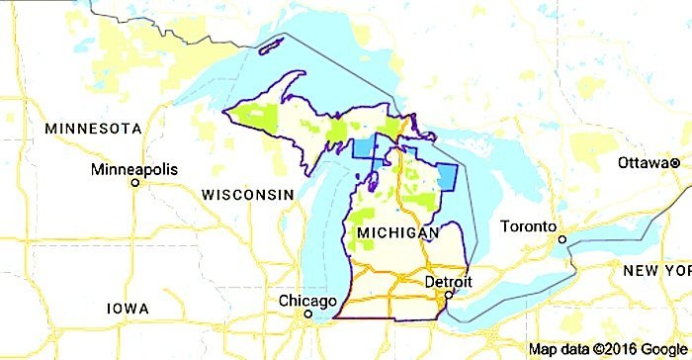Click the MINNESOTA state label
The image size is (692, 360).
(x=94, y=130)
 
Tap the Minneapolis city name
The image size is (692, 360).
(x=134, y=169)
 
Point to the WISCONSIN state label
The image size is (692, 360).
(x=248, y=195)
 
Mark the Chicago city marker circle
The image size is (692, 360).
(x=308, y=315)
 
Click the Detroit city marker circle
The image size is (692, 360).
(x=448, y=295)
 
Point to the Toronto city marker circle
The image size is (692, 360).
(x=561, y=238)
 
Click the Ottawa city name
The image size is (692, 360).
(x=642, y=162)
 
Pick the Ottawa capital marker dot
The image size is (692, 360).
(x=674, y=162)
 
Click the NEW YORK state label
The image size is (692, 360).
(x=656, y=271)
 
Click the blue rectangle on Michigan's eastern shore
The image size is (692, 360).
(x=447, y=178)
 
